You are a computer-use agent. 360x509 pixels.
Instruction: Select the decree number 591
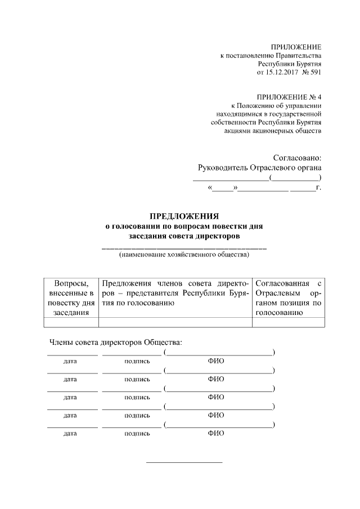(315, 73)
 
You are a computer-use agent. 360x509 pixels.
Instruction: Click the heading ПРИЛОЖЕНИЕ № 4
(289, 97)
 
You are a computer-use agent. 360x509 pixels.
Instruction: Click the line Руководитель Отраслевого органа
(260, 168)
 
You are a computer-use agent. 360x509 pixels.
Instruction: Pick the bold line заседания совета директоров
(184, 236)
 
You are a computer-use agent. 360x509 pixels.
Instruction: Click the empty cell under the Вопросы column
(71, 322)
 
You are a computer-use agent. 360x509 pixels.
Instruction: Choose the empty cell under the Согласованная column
(288, 322)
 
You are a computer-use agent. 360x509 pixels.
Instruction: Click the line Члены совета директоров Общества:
(116, 342)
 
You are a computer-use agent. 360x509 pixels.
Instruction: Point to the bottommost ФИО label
(216, 434)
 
